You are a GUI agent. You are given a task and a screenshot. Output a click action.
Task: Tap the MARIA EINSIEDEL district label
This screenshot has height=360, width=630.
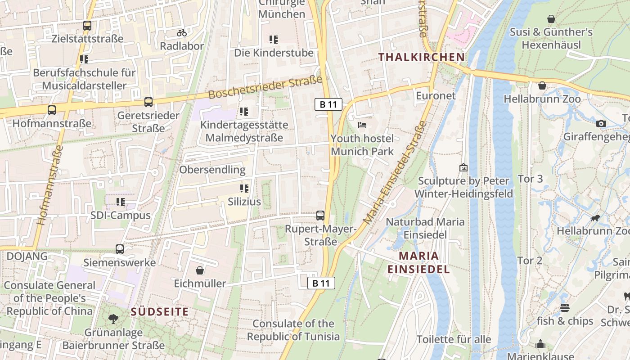pos(418,262)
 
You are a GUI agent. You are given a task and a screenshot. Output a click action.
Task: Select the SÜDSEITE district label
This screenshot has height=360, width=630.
pos(160,311)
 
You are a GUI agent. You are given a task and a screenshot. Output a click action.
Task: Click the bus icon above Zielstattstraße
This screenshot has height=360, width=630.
pos(87,26)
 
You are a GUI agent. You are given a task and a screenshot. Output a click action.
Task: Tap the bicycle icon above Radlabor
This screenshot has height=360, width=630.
pos(182,33)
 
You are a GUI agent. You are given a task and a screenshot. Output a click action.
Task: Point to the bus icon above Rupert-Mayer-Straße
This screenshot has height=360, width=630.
pos(320,216)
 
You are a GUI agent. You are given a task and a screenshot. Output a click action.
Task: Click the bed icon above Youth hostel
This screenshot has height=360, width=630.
pos(362,125)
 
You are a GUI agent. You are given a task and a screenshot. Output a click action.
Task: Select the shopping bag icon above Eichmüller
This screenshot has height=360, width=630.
pos(200,270)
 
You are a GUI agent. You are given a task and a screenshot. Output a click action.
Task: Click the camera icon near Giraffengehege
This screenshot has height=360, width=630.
pos(601,123)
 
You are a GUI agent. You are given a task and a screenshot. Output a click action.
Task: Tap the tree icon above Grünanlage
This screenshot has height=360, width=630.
pos(113,319)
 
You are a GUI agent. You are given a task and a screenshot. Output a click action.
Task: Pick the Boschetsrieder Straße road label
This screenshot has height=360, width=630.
pos(266,87)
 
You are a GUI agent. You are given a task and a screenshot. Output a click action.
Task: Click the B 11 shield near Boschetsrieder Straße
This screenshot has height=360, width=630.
pos(328,105)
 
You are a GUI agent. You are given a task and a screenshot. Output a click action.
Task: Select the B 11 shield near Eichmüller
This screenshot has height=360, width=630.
pos(321,283)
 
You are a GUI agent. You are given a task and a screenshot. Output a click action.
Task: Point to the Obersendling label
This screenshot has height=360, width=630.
pos(212,170)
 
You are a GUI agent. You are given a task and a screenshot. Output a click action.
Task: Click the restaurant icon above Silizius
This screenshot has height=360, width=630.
pos(244,188)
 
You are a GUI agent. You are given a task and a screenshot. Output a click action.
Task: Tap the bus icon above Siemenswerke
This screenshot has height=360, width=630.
pos(120,249)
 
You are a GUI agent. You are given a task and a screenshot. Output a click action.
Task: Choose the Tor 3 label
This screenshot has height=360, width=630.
pos(530,179)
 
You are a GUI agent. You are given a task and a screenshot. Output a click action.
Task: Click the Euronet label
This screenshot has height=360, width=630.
pos(436,95)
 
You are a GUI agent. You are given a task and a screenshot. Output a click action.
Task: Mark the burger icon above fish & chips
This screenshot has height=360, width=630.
pos(565,308)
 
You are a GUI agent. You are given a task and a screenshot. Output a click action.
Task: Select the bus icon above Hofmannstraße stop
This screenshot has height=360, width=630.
pos(52,110)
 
